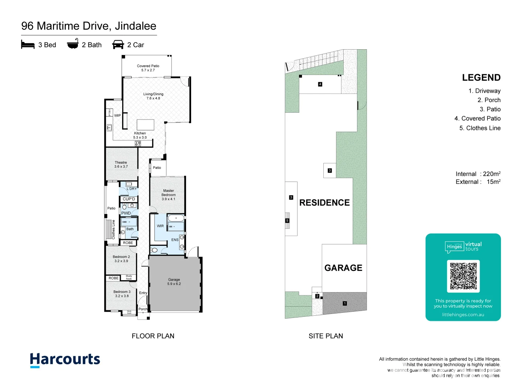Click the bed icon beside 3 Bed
click(28, 45)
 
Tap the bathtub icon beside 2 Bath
click(72, 44)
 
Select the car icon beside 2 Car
click(118, 45)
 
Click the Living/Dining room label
click(153, 96)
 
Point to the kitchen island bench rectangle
click(145, 125)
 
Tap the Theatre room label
click(121, 164)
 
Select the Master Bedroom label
click(168, 195)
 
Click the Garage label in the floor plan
click(174, 282)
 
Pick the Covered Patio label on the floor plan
click(148, 68)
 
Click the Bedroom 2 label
click(121, 258)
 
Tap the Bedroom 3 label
click(122, 294)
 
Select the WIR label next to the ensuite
click(160, 226)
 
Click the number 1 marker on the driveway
click(345, 303)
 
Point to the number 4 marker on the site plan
click(320, 84)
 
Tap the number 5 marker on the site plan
click(287, 220)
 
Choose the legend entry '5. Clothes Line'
click(480, 128)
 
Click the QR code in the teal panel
click(463, 276)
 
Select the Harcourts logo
click(65, 360)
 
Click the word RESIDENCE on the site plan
click(324, 203)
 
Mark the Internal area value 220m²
click(492, 174)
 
